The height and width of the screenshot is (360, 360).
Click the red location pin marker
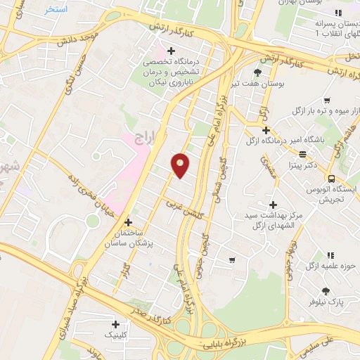click(181, 165)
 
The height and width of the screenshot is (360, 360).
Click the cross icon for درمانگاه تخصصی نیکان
click(171, 49)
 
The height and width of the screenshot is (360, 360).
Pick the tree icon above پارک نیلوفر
click(326, 290)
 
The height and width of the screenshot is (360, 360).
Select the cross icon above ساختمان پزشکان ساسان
click(127, 221)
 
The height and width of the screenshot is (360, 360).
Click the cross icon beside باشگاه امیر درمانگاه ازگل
click(266, 130)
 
